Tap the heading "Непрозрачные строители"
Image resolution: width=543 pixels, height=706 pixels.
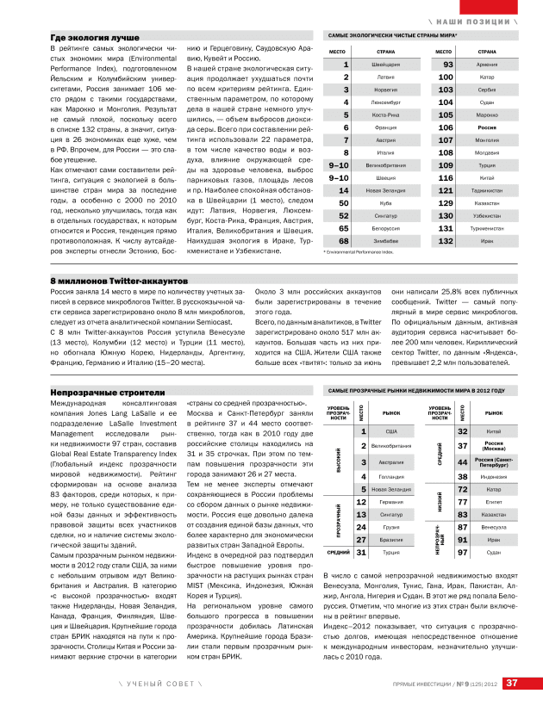point(96,392)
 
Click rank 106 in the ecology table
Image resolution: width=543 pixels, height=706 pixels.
point(446,127)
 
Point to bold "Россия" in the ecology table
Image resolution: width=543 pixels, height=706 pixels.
point(487,127)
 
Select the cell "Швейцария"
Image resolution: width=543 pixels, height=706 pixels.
point(385,65)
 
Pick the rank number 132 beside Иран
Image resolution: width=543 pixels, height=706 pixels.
point(446,241)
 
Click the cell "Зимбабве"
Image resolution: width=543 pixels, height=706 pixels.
point(385,241)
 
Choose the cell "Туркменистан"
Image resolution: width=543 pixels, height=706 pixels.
point(487,228)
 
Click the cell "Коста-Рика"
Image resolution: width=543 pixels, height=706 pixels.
point(385,115)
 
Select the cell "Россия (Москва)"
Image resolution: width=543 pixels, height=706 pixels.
point(494,446)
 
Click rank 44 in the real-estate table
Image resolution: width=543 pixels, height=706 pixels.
point(463,462)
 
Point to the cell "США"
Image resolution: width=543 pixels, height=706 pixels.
point(391,431)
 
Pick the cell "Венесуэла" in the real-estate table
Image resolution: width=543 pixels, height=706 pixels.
point(494,526)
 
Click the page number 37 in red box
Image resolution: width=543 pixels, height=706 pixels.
point(511,684)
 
